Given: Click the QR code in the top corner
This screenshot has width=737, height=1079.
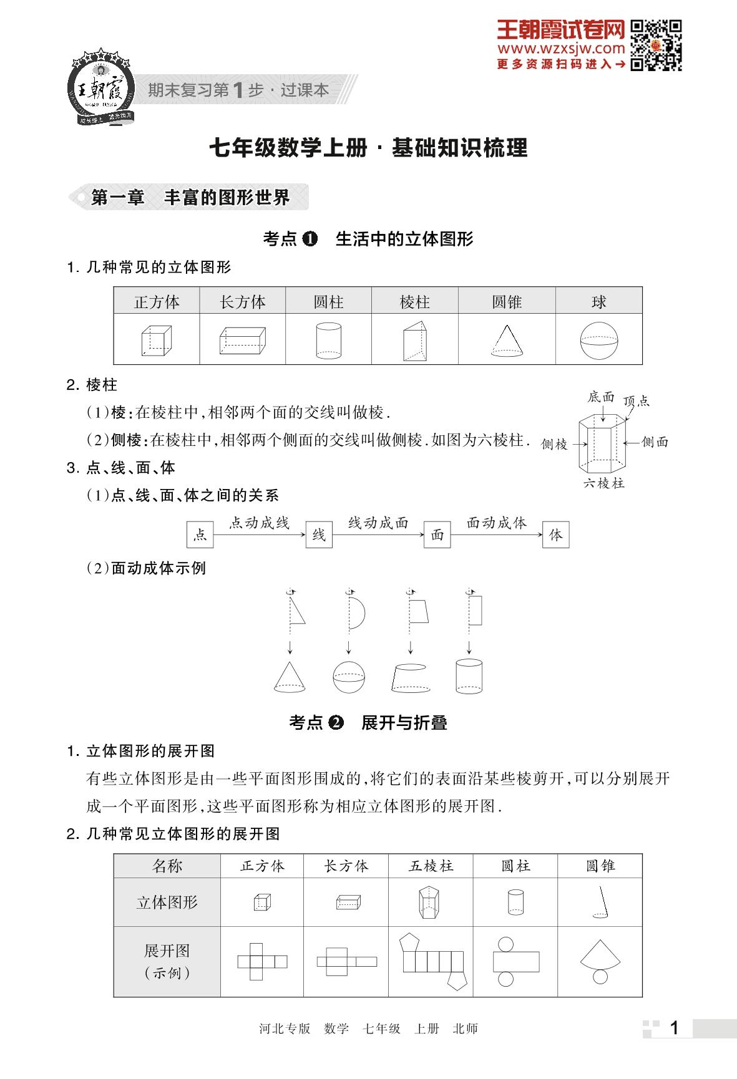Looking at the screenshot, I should (x=655, y=45).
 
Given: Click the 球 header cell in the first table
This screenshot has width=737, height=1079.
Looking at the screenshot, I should (x=598, y=302).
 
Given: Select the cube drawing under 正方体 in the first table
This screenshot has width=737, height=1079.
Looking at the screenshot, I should (x=156, y=341).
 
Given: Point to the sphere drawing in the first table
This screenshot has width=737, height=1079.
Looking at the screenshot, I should (x=598, y=341).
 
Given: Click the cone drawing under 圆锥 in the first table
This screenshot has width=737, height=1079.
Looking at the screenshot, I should (x=507, y=341).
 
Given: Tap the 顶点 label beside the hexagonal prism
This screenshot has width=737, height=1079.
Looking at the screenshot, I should (x=637, y=401).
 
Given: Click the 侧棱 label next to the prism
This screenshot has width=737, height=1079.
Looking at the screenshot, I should (x=554, y=444).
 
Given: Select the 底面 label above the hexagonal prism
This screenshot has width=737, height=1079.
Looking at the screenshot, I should (x=601, y=397).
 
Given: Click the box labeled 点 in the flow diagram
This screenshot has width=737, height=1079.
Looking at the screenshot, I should (x=200, y=535).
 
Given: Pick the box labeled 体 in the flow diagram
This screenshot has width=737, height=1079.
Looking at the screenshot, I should (x=555, y=535).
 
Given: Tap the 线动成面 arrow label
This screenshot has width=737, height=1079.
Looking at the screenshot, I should (x=378, y=523).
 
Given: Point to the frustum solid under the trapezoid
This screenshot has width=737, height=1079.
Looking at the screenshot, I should (x=410, y=677).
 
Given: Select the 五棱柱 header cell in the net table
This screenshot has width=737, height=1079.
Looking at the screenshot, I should (x=431, y=866).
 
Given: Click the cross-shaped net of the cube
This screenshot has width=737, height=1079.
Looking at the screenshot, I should (x=261, y=961).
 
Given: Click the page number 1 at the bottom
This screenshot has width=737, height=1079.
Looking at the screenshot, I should (x=674, y=1028).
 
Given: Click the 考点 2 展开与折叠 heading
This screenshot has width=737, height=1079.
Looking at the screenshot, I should (x=368, y=723).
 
